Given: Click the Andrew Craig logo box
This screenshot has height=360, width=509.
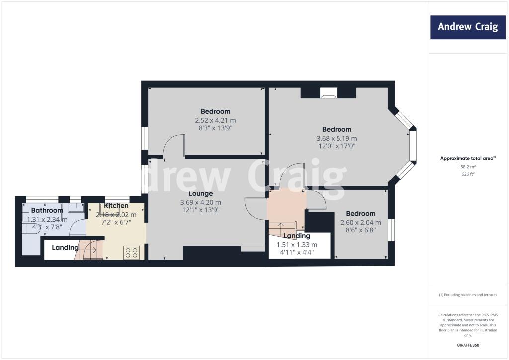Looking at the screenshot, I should (x=468, y=27).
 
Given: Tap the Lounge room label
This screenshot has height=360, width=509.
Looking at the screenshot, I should (x=201, y=193).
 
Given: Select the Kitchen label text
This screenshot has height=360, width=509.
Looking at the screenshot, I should (x=116, y=206).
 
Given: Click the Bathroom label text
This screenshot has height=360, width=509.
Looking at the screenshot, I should (x=44, y=210).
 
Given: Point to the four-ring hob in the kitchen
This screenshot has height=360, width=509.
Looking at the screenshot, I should (x=132, y=252).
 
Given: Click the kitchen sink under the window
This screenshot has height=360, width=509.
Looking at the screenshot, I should (x=109, y=208).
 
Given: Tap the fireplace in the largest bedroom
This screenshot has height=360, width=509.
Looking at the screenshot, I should (x=328, y=92).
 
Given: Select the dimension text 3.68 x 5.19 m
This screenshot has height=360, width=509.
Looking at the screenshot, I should (x=337, y=138).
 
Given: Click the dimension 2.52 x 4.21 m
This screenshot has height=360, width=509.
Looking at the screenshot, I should (x=215, y=120).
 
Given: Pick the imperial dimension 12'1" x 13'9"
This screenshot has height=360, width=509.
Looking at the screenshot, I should (x=201, y=210).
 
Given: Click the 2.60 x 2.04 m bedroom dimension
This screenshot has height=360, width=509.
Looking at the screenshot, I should (x=361, y=223).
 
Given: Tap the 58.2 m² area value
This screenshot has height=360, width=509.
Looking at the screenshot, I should (x=467, y=167).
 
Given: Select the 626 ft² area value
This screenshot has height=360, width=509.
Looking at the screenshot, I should (x=467, y=174).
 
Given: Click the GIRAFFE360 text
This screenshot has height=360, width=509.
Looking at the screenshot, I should (x=467, y=345).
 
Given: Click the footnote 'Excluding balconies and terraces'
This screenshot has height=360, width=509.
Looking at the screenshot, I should (x=467, y=295).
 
